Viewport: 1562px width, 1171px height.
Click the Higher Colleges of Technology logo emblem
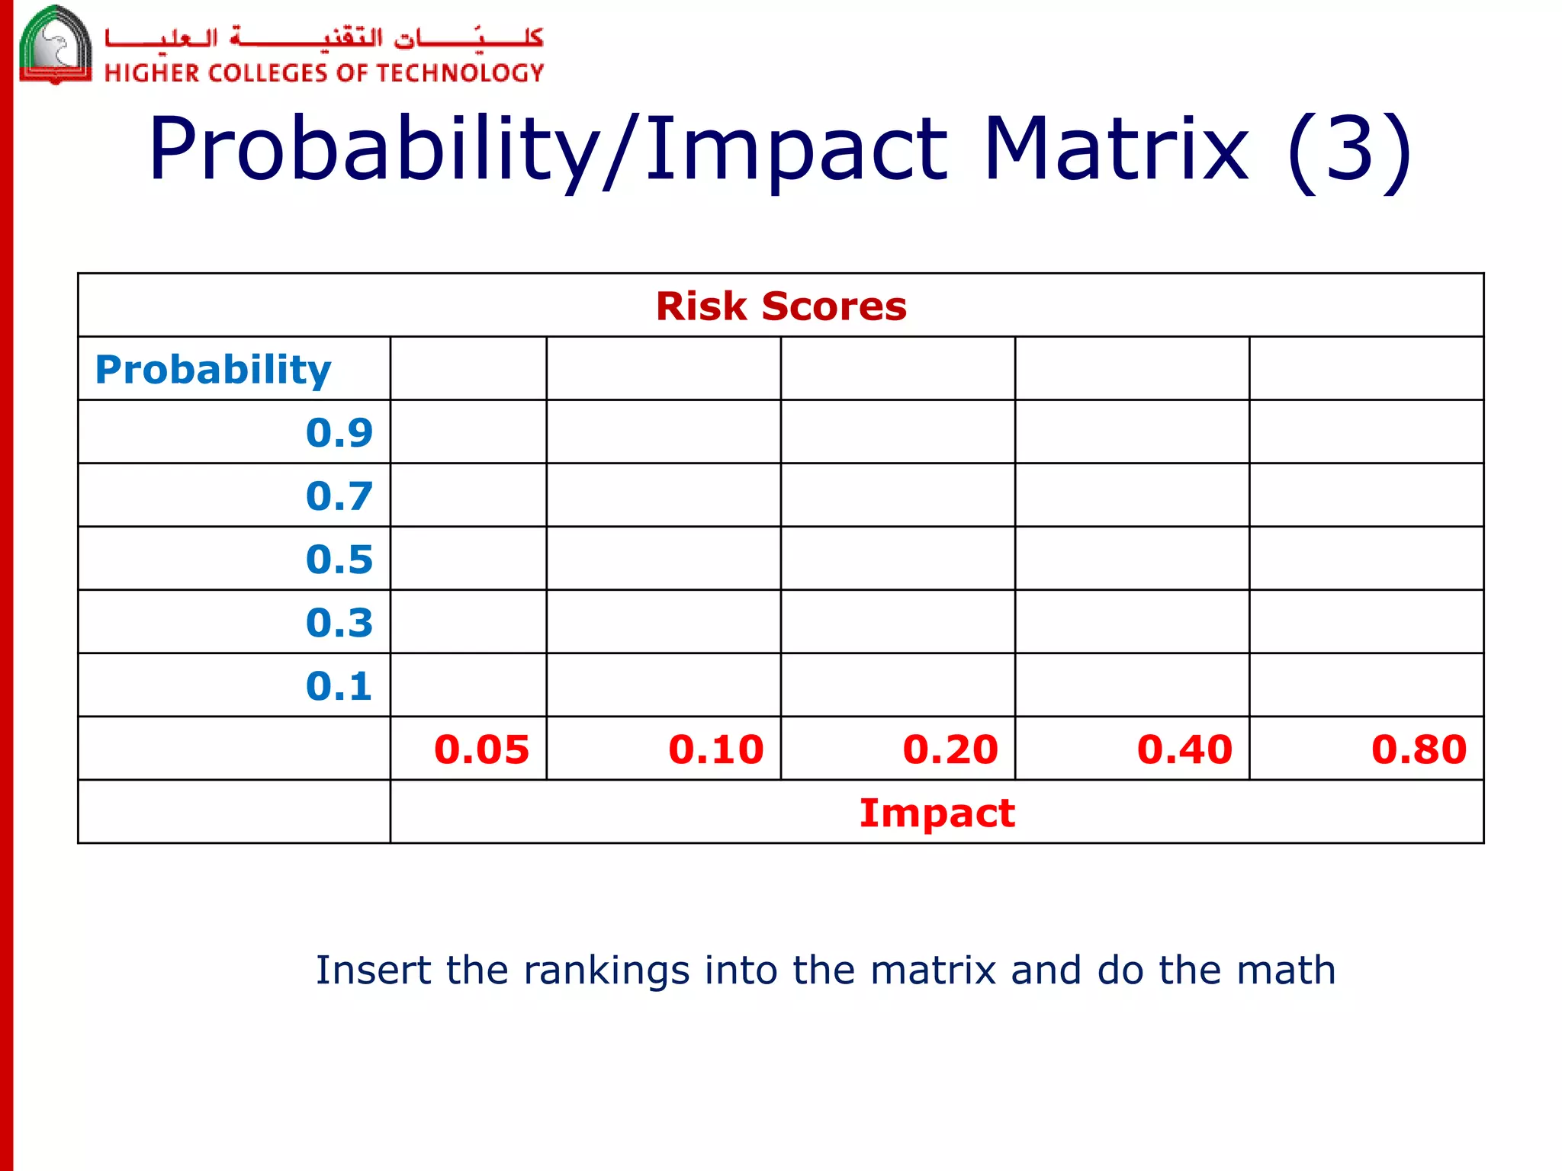point(55,46)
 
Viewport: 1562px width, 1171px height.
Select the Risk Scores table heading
point(781,306)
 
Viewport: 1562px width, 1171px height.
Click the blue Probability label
point(213,371)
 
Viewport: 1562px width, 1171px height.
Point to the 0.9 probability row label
point(339,433)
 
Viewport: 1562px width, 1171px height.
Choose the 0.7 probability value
point(339,496)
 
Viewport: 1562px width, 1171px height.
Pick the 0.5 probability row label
point(339,560)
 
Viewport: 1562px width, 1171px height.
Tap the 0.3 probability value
point(339,623)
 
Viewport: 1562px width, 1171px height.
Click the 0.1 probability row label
point(339,686)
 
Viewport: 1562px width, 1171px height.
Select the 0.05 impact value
point(481,749)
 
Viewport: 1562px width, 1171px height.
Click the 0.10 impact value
point(715,749)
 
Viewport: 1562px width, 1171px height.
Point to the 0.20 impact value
point(950,749)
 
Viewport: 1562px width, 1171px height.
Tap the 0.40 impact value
point(1184,749)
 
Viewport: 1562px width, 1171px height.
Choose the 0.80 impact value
point(1419,749)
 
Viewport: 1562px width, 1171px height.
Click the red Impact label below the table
point(937,813)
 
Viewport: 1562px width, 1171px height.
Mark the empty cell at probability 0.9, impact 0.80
point(1366,432)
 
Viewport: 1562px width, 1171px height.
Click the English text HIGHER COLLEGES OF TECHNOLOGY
point(324,73)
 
